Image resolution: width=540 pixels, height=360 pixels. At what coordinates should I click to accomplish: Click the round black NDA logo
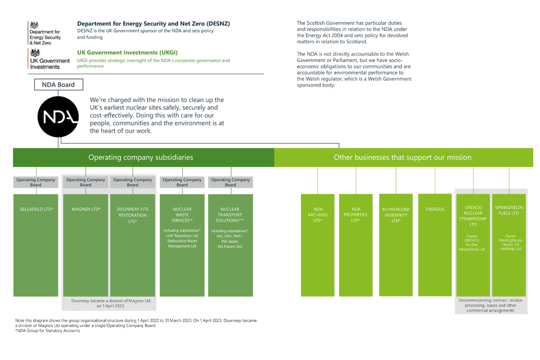pos(58,117)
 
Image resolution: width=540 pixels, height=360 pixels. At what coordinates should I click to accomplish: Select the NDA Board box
pos(58,85)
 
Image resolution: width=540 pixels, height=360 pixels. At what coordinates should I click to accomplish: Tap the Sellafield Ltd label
pos(36,209)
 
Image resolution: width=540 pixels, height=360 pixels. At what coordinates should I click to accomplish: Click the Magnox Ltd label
pos(85,209)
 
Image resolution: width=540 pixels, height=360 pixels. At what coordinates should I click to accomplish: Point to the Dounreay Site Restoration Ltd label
pos(133,215)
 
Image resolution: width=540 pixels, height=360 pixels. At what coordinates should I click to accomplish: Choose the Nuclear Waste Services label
pos(182,215)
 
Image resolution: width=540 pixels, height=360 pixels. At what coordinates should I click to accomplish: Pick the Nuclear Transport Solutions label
pos(231,215)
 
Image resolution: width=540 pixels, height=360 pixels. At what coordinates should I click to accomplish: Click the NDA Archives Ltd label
pos(318,215)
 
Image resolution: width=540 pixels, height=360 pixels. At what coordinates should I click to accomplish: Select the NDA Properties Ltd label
pos(355,215)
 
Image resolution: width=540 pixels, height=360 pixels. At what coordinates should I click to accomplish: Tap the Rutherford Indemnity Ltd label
pos(397,215)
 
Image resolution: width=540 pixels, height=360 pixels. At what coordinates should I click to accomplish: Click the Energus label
pos(435,209)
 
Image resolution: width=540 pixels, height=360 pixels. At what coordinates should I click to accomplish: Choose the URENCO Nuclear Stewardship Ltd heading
pos(473,216)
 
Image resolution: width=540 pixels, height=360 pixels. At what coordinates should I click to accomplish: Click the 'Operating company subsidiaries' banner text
pos(141,157)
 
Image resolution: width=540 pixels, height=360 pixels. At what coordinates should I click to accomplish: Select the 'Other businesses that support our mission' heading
pos(402,157)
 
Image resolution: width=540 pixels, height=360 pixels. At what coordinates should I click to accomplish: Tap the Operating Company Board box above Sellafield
pos(36,182)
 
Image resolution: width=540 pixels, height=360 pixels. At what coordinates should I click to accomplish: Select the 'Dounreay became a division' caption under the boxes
pos(111,303)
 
